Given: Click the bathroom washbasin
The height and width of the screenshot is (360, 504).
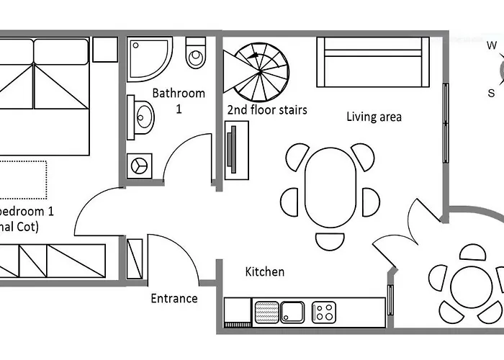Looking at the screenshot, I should click(143, 115).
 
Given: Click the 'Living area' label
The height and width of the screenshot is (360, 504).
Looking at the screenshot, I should click(374, 117).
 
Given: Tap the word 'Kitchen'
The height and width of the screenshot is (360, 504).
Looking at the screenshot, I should click(265, 271).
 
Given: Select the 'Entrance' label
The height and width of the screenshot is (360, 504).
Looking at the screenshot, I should click(174, 298).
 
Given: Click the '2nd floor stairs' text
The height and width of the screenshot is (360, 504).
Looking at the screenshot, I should click(267, 110).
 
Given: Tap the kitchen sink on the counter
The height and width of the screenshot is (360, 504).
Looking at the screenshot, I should click(292, 312).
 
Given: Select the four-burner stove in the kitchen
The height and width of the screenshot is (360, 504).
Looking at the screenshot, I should click(324, 312).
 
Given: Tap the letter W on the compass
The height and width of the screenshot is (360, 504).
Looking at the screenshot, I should click(492, 46).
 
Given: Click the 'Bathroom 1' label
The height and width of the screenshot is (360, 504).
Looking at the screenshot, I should click(179, 100).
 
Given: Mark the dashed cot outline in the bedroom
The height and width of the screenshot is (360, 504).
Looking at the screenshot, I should click(22, 179).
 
